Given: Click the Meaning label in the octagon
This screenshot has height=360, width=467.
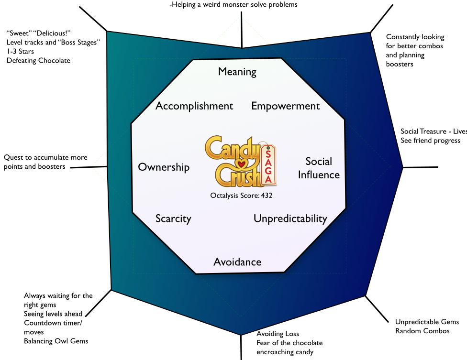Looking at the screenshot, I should pyautogui.click(x=237, y=72).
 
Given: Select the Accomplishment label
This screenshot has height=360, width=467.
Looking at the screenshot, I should pyautogui.click(x=194, y=106).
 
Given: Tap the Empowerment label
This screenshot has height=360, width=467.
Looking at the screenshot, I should pyautogui.click(x=286, y=106).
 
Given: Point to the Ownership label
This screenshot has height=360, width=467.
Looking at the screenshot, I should pyautogui.click(x=164, y=167).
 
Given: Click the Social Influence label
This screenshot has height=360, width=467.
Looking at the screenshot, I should pyautogui.click(x=319, y=168).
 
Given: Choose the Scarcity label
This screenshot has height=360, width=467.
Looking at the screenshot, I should pyautogui.click(x=173, y=218).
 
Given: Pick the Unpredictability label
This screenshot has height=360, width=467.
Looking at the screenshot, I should pyautogui.click(x=290, y=218).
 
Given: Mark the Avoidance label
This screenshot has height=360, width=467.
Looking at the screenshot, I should pyautogui.click(x=237, y=262).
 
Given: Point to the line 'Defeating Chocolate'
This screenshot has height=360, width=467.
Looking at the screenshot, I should pyautogui.click(x=38, y=60).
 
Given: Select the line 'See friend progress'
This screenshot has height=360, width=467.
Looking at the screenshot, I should pyautogui.click(x=431, y=141).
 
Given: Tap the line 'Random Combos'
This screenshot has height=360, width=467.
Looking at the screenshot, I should pyautogui.click(x=423, y=331).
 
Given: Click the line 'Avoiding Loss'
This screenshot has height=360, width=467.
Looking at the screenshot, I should pyautogui.click(x=278, y=334).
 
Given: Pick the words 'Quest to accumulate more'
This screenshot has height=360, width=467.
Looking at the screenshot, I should pyautogui.click(x=45, y=157).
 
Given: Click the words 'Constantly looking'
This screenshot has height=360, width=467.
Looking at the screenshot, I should pyautogui.click(x=415, y=37).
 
